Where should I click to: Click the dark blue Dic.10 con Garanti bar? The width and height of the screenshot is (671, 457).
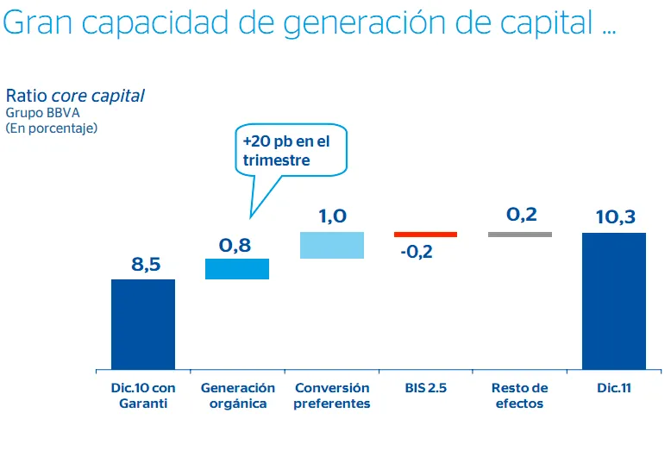click(x=143, y=324)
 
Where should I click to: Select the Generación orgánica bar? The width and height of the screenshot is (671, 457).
click(x=237, y=269)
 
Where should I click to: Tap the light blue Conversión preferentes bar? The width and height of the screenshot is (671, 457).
click(x=332, y=245)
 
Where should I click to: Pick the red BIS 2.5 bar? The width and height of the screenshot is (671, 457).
click(x=425, y=234)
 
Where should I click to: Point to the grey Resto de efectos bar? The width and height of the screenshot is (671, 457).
click(x=520, y=234)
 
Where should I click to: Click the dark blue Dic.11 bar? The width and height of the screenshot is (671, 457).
click(x=614, y=301)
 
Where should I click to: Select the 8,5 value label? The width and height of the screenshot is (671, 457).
click(x=146, y=264)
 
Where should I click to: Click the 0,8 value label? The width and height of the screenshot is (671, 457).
click(x=235, y=246)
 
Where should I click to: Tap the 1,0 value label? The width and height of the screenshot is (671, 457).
click(x=332, y=216)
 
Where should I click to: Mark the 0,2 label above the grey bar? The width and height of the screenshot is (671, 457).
click(x=521, y=215)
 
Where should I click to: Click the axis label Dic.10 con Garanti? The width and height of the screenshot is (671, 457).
click(x=143, y=396)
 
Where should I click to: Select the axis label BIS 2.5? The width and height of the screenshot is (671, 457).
click(x=426, y=389)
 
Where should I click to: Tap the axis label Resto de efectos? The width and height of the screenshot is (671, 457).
click(x=520, y=396)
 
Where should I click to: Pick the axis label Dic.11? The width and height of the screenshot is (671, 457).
click(x=614, y=389)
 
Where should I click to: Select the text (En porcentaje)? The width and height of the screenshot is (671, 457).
click(x=52, y=128)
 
